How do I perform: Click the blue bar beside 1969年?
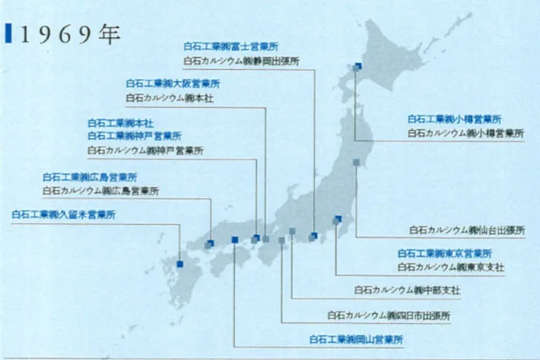(7, 34)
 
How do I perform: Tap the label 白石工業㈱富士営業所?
(231, 46)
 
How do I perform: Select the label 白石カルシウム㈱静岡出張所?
(242, 61)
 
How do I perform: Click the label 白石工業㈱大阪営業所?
(173, 84)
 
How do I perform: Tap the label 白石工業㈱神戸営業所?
(135, 136)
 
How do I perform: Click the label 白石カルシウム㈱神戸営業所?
(145, 150)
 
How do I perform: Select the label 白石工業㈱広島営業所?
(90, 177)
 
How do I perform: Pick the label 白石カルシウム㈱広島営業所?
(101, 191)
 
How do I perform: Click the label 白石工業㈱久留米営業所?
(64, 215)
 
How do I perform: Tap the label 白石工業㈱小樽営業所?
(455, 118)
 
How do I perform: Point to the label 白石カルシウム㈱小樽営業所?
(466, 133)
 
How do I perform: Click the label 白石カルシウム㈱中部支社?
(407, 290)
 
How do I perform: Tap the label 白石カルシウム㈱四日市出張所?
(389, 316)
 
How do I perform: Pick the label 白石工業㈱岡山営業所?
(356, 340)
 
